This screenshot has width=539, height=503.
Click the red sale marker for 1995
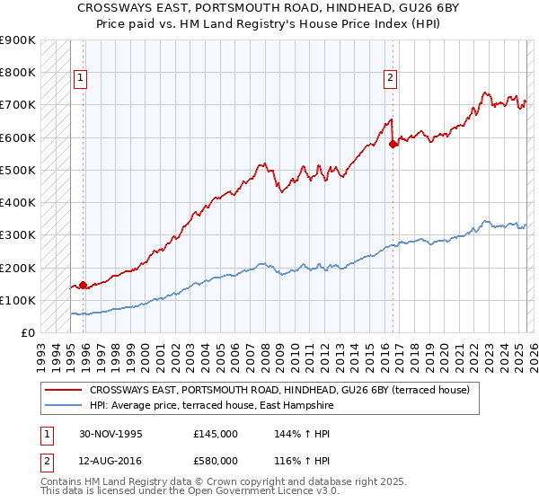(x=83, y=286)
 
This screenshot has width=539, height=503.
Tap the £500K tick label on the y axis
(x=18, y=170)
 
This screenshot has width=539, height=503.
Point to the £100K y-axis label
(x=18, y=300)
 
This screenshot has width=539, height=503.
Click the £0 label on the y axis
(x=27, y=333)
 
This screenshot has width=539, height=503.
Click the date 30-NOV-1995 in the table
(x=110, y=434)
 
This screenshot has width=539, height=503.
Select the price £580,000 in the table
(x=216, y=463)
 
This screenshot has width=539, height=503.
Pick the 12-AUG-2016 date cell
(x=110, y=463)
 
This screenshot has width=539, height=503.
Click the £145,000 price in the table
(x=216, y=434)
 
